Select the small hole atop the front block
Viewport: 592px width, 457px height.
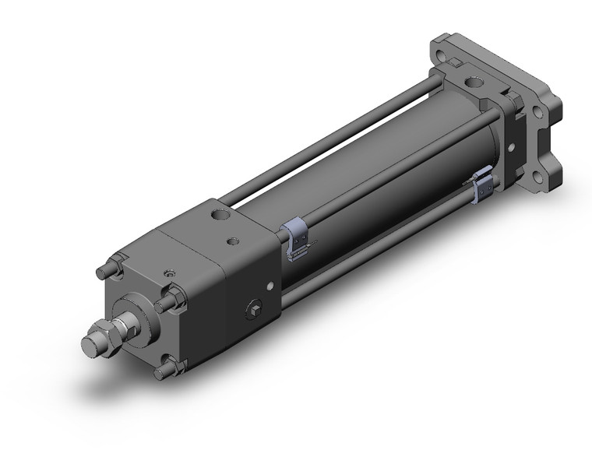(232, 243)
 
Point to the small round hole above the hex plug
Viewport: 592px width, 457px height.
(268, 285)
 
